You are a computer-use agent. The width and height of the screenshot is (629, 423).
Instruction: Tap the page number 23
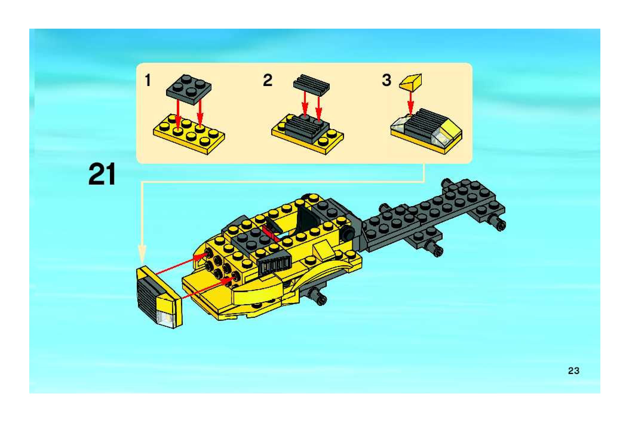point(573,371)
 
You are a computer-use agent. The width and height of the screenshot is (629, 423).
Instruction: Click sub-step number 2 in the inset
point(267,80)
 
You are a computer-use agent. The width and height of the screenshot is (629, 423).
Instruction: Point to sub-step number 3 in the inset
point(386,80)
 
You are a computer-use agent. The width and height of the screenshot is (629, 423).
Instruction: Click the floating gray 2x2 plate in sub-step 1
point(189,89)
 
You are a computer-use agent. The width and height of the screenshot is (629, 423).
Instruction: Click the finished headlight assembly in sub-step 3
point(427,131)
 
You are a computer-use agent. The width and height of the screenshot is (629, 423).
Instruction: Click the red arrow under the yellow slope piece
point(411,103)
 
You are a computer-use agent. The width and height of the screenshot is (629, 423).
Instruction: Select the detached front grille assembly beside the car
point(159,297)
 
